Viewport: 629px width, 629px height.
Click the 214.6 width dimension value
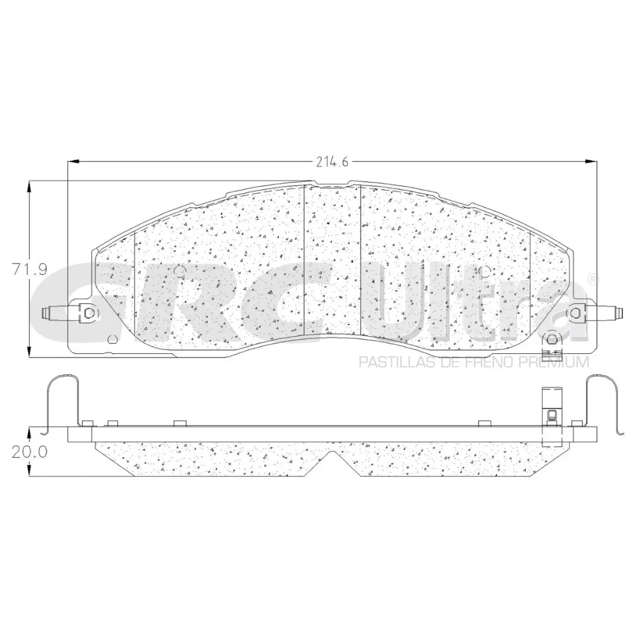click(332, 162)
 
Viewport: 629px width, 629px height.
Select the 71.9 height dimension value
click(29, 269)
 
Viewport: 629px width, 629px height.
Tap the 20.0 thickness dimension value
click(29, 451)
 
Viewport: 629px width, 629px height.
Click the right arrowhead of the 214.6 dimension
click(590, 162)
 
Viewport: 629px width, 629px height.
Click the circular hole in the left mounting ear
click(91, 313)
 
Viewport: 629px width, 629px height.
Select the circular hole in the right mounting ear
click(576, 313)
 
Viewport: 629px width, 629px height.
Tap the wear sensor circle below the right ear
click(552, 338)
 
